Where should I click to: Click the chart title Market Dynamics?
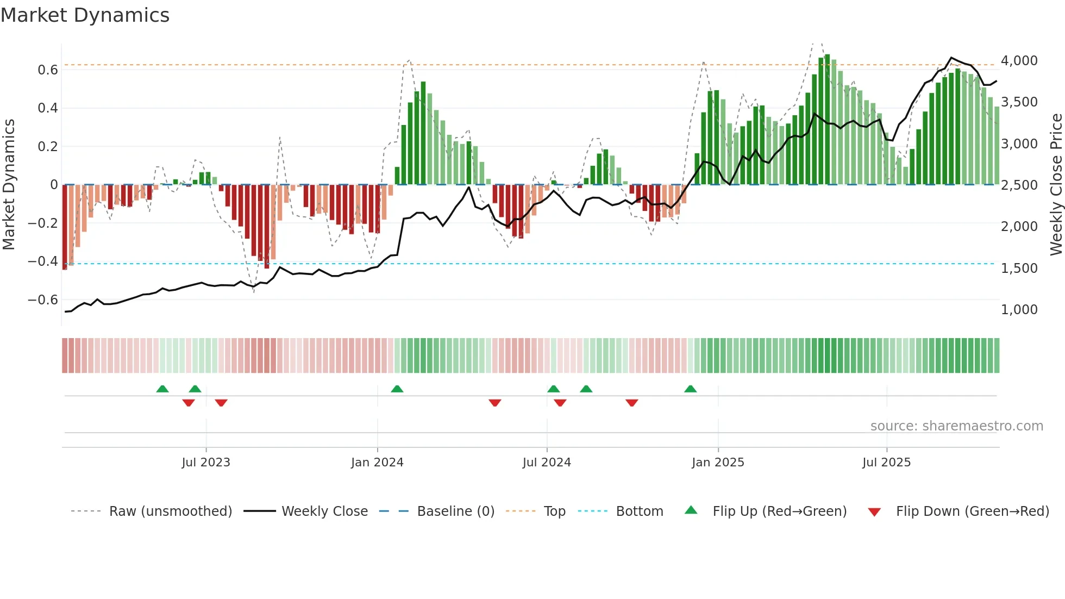click(85, 15)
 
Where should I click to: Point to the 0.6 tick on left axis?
click(47, 70)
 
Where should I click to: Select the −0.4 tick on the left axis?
click(43, 261)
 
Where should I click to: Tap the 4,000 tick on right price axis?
click(1019, 61)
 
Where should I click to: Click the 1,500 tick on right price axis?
click(1019, 268)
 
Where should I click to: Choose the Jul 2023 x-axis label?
click(206, 463)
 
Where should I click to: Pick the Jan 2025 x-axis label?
click(718, 463)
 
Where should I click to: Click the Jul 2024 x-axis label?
click(547, 463)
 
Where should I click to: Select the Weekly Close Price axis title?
click(1056, 185)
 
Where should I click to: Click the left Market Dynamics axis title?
click(9, 185)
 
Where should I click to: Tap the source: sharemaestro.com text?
click(956, 426)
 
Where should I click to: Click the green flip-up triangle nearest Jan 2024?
click(397, 389)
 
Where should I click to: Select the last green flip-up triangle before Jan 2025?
click(690, 389)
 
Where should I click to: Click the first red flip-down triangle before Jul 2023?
click(189, 403)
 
